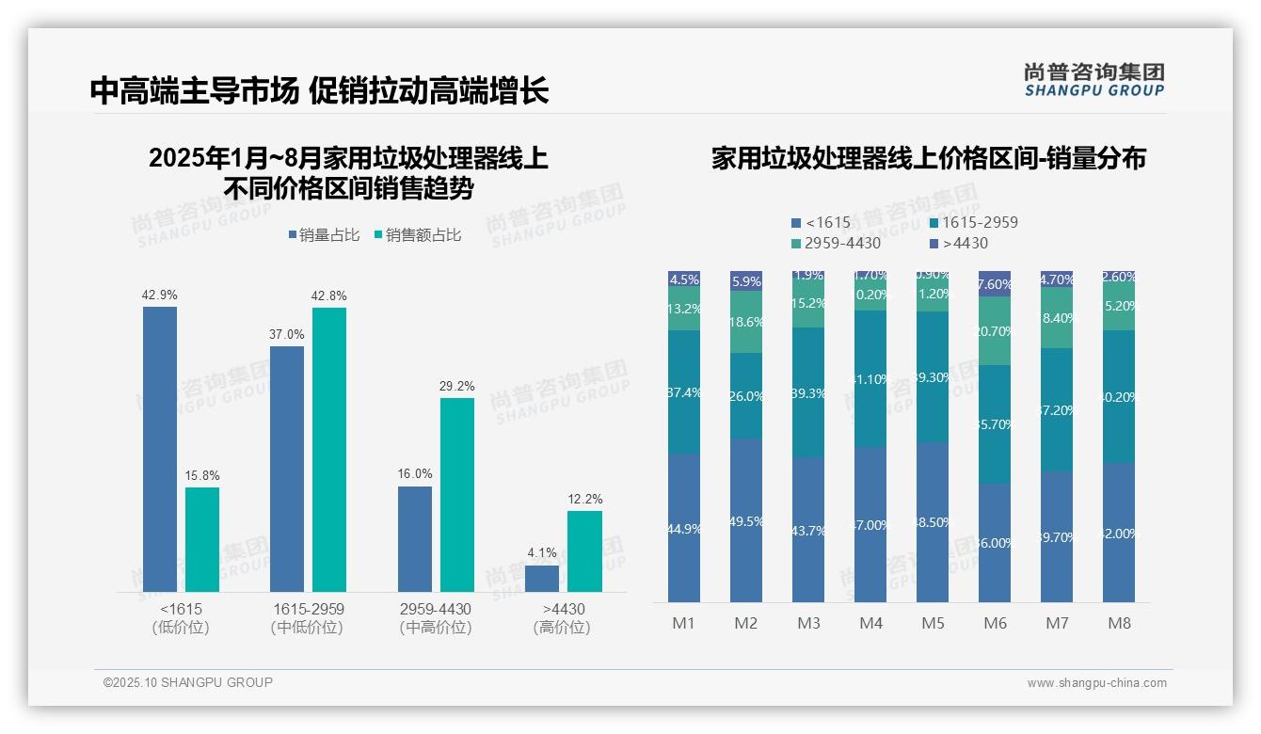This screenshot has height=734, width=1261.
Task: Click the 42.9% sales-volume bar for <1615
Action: click(x=160, y=449)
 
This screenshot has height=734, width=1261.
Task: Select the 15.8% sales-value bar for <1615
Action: click(x=202, y=539)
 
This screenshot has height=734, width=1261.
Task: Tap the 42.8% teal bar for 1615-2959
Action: click(x=329, y=449)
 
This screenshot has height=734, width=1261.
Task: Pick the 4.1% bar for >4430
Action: click(x=542, y=579)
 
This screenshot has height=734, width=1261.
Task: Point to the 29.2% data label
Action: click(x=457, y=386)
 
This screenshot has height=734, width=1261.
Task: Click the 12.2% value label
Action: click(x=584, y=499)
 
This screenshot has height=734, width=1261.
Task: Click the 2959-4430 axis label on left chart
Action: click(x=436, y=609)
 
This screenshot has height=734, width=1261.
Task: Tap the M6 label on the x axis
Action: click(x=995, y=623)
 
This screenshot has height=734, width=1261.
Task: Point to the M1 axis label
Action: click(x=684, y=623)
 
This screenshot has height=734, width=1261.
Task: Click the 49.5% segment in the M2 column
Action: click(x=746, y=520)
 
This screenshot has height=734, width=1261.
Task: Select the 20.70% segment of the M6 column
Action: click(x=995, y=331)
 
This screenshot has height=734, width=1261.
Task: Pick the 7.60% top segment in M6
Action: click(x=995, y=284)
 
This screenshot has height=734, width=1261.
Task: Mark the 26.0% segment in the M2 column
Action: click(x=746, y=396)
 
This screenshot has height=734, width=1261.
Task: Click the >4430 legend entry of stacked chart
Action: click(x=959, y=244)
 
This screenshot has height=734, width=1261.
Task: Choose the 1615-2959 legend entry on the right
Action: click(x=973, y=223)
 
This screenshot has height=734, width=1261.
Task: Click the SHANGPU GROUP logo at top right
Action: click(x=1093, y=79)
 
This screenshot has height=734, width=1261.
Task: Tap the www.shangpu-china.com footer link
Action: click(x=1096, y=683)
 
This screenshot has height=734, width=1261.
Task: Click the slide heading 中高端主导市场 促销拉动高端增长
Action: click(x=319, y=91)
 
